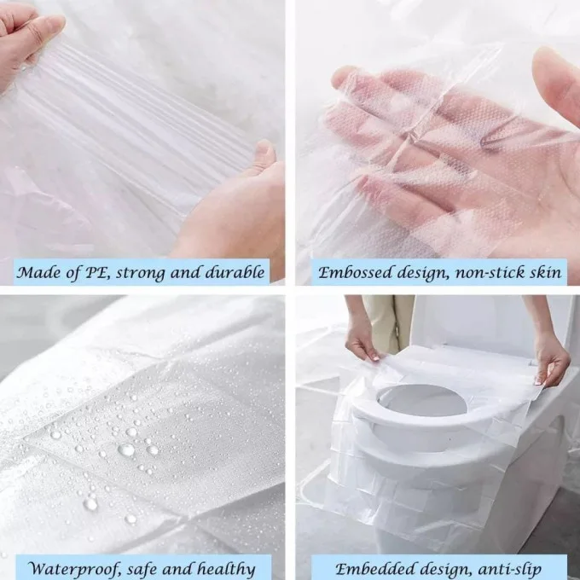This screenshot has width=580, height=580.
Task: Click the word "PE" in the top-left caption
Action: click(101, 273)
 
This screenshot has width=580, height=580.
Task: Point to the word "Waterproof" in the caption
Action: click(70, 568)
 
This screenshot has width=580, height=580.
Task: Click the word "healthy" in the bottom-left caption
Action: click(224, 568)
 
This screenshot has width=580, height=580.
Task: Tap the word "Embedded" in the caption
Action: click(370, 568)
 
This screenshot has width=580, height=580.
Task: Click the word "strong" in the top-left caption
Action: click(146, 273)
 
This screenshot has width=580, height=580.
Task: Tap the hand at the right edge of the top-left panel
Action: click(239, 205)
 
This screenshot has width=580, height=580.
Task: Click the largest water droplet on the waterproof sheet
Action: click(126, 449)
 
